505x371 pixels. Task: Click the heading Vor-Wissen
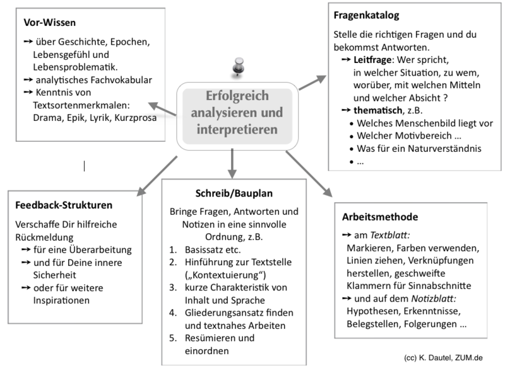[49, 23]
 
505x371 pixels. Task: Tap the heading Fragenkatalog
[365, 14]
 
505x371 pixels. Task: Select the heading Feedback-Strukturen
[64, 205]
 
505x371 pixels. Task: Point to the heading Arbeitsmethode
[381, 217]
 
